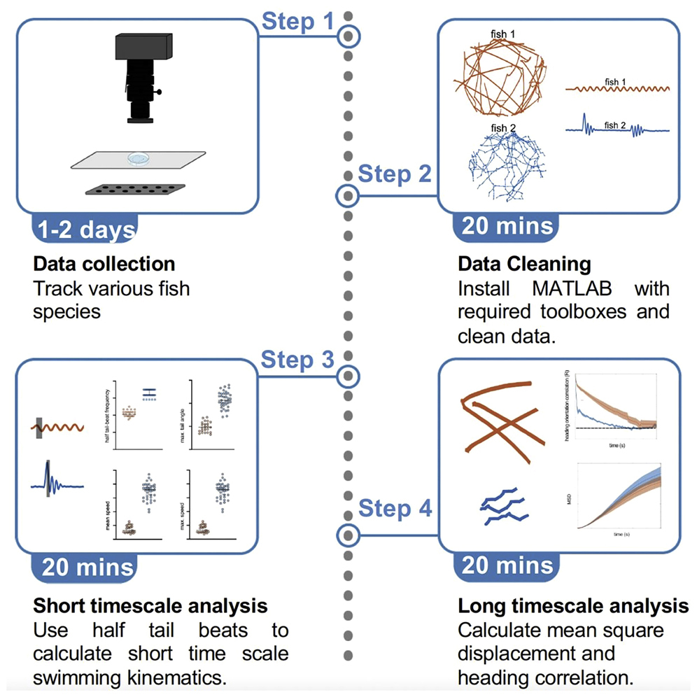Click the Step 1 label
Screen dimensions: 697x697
tap(298, 22)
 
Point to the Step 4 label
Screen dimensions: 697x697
tap(395, 509)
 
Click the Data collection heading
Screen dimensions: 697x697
tap(104, 264)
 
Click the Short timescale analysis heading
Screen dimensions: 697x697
tap(150, 605)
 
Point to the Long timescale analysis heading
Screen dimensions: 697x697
tap(573, 605)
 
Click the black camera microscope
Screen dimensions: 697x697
tap(144, 77)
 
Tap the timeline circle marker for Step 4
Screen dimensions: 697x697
tap(346, 536)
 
